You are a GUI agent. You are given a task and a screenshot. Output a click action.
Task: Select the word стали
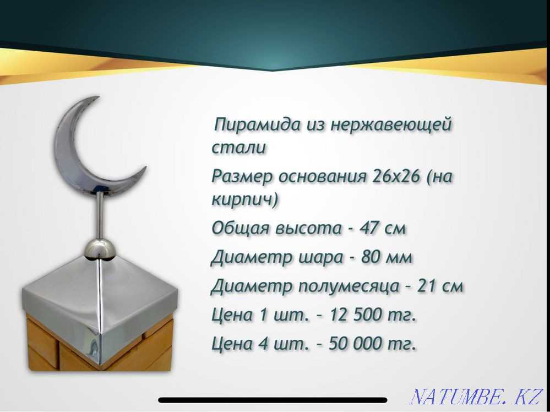point(239,148)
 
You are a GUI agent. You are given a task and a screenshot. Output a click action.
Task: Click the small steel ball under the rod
point(100,250)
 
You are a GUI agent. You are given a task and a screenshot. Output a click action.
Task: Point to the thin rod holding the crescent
point(100,215)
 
